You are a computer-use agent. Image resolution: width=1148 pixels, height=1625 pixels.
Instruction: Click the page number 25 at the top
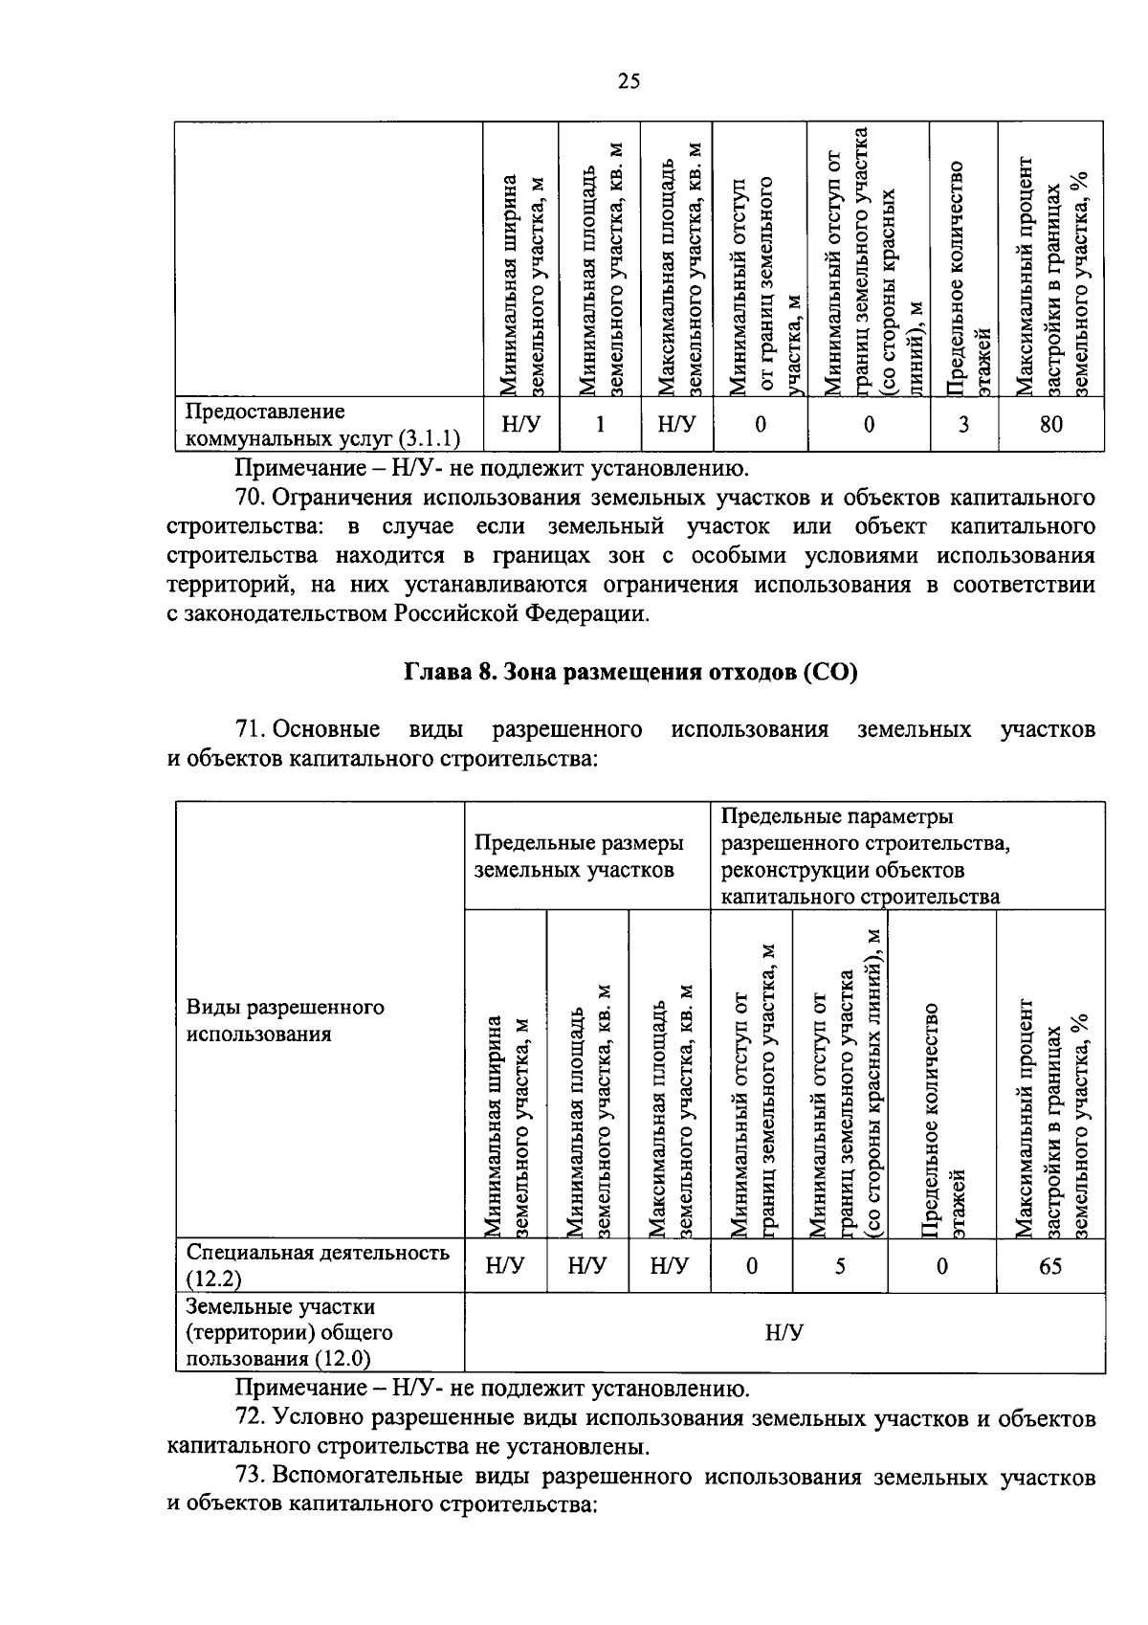coord(628,81)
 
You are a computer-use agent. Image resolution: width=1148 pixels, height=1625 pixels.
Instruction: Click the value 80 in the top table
coord(1050,424)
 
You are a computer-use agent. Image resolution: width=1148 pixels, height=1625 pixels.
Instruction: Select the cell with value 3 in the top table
coord(963,424)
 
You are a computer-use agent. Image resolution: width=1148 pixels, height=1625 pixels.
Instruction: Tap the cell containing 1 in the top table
coord(600,424)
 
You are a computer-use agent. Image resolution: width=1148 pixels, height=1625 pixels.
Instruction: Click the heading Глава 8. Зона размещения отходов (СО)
coord(630,672)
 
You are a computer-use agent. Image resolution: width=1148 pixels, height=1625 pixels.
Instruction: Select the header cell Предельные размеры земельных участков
coord(580,856)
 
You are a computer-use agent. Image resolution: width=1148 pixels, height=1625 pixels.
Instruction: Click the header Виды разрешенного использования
coord(285,1020)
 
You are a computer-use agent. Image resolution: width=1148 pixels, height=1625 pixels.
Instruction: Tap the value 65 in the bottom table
coord(1049,1266)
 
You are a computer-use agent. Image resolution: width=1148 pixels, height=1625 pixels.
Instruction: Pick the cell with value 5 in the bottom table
coord(839,1266)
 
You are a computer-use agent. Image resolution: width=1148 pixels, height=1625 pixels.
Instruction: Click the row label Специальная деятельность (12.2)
coord(318,1265)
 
